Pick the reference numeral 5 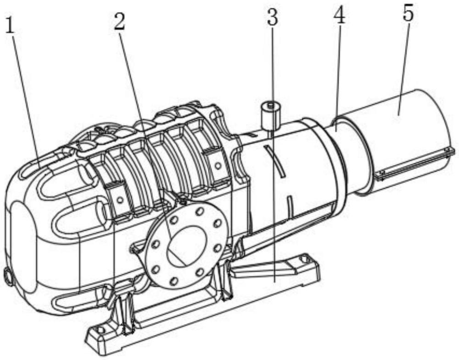(x=409, y=13)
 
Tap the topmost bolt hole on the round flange (x=201, y=211)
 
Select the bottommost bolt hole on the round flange (x=174, y=281)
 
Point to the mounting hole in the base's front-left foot (x=101, y=330)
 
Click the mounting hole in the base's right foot (x=304, y=259)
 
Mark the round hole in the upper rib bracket (x=218, y=165)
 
